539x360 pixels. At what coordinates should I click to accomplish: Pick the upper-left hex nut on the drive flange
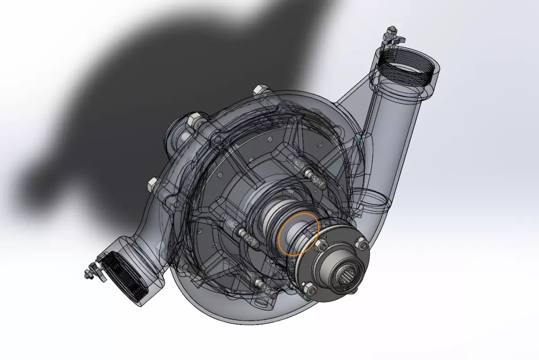pos(321,246)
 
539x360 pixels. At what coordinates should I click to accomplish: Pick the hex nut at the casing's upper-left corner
pos(195,119)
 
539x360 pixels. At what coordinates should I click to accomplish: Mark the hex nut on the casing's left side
pos(153,184)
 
